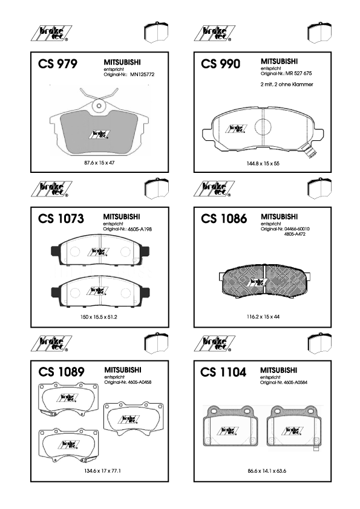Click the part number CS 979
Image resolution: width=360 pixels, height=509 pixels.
[x=58, y=63]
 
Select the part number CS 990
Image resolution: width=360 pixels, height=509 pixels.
[x=221, y=63]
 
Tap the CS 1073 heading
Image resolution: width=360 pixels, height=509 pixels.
[x=61, y=218]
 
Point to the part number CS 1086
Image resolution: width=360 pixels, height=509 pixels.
[x=224, y=218]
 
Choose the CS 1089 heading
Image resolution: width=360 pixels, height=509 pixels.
[x=61, y=372]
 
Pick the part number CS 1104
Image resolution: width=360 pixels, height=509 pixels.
[x=223, y=372]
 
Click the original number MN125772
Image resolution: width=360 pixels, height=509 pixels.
[x=142, y=74]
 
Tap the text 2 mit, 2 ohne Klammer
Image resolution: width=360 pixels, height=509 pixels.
[x=287, y=85]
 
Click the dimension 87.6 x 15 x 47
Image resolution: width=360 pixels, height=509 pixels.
[x=99, y=163]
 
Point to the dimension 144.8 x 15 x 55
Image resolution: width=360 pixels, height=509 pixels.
[x=263, y=163]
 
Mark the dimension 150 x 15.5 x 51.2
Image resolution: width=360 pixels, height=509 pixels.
[x=99, y=317]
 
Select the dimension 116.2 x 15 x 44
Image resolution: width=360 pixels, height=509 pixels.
[x=263, y=317]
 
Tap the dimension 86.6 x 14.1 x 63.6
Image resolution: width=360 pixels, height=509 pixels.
[x=267, y=471]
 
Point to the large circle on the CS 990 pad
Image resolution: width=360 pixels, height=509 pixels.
[x=263, y=127]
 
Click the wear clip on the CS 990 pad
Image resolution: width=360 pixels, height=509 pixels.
[x=309, y=151]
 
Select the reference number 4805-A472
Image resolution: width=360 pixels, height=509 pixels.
[x=295, y=234]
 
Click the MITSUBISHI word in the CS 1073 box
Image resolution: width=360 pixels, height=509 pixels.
[x=122, y=216]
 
